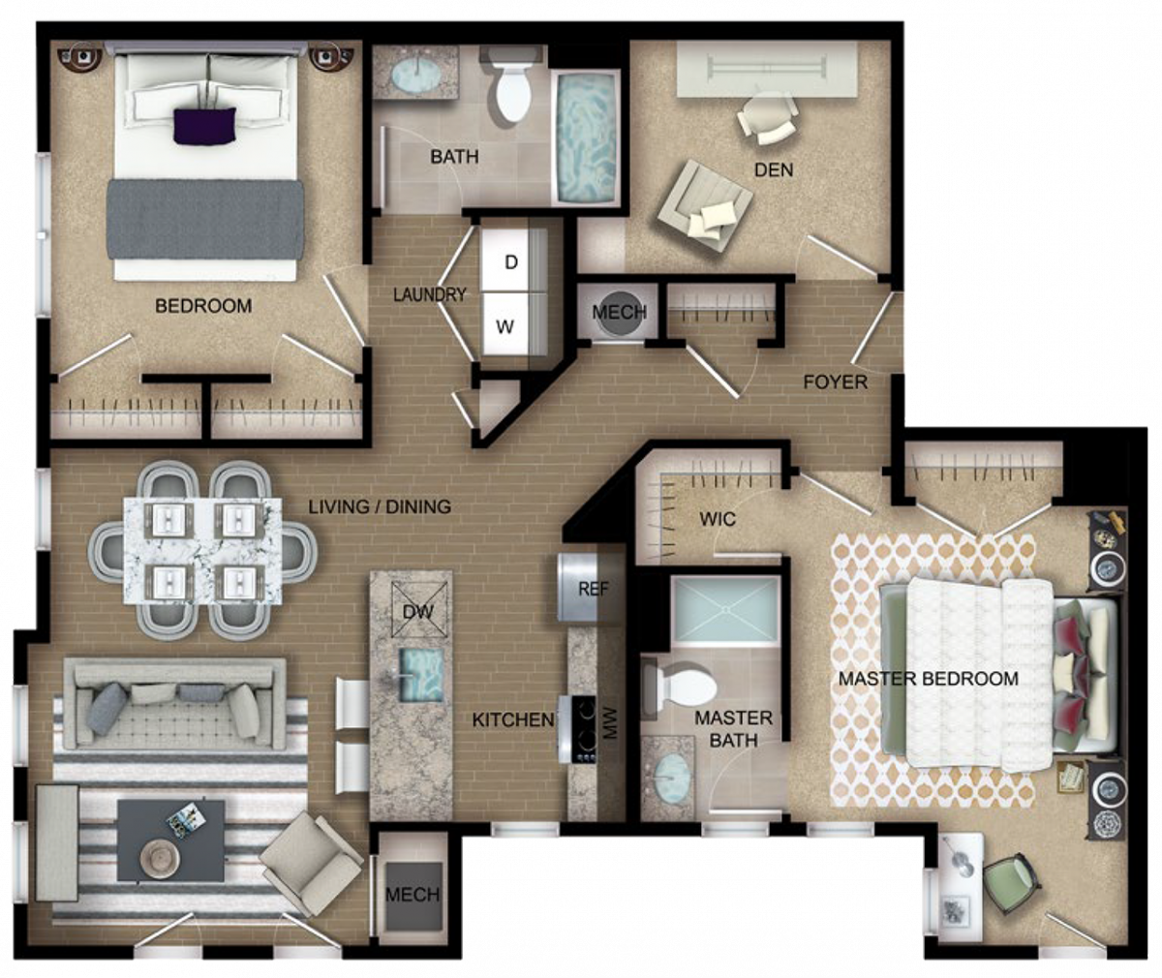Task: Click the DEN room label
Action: click(774, 169)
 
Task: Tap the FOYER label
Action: click(836, 382)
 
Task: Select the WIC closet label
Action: click(718, 519)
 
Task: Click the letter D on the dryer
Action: click(511, 262)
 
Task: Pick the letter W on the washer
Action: click(505, 326)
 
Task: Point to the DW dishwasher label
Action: click(418, 612)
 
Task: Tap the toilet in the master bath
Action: click(680, 690)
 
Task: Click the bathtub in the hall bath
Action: click(586, 138)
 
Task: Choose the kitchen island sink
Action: click(421, 674)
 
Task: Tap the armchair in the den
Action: click(705, 206)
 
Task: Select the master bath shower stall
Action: click(725, 611)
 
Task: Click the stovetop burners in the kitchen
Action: click(584, 728)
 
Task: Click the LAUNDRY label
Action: click(429, 294)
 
